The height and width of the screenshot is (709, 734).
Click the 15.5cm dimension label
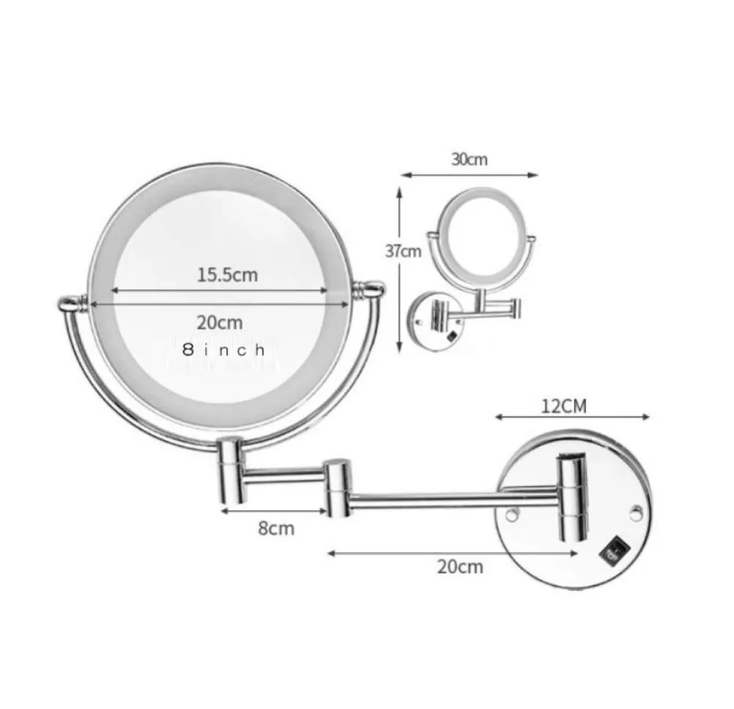click(x=227, y=274)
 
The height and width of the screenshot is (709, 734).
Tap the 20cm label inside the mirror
click(x=219, y=322)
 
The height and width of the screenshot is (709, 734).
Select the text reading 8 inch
click(x=224, y=349)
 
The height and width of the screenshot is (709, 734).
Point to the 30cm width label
click(x=469, y=159)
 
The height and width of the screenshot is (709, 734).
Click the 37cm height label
click(x=403, y=251)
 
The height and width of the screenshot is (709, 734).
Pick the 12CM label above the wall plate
click(x=564, y=406)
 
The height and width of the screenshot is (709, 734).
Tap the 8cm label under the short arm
click(x=276, y=528)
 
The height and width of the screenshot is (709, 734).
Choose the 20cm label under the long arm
click(x=460, y=567)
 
